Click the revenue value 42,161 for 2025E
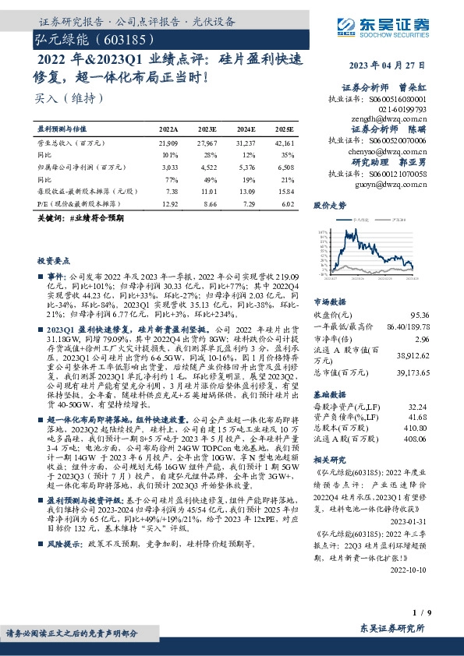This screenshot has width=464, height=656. (285, 144)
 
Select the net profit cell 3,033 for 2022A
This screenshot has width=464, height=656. (168, 166)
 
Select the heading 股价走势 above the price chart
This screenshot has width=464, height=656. (328, 206)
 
